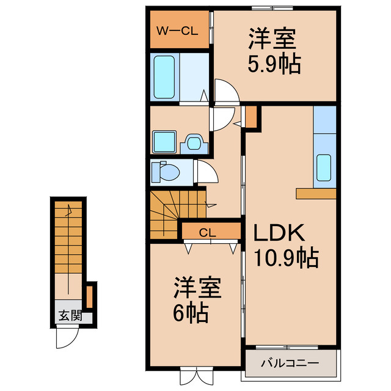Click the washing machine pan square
click(164, 142)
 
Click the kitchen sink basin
click(324, 167)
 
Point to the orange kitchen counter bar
click(316, 194)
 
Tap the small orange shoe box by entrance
click(89, 296)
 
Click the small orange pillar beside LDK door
click(250, 116)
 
